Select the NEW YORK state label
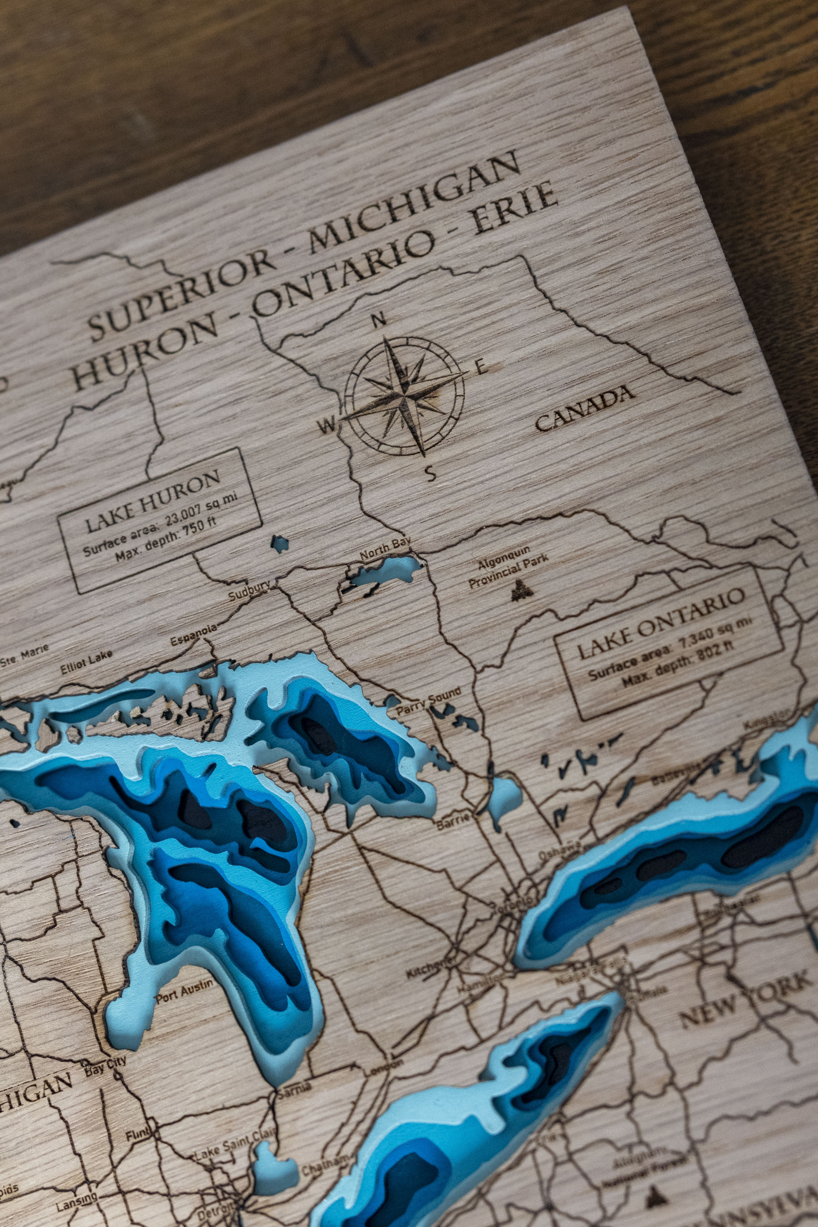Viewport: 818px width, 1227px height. coord(746,997)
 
